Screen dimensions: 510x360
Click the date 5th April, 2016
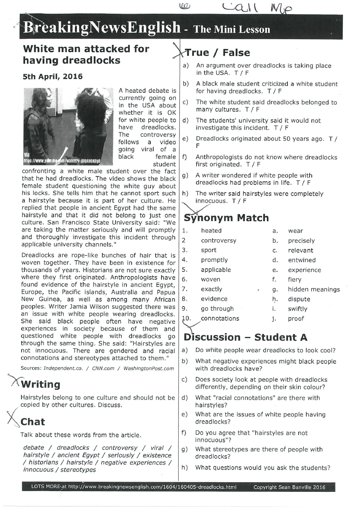click(52, 77)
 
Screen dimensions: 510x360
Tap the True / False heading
click(217, 53)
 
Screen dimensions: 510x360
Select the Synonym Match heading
click(226, 218)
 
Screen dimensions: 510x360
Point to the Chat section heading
click(33, 422)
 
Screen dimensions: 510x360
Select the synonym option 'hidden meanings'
click(314, 289)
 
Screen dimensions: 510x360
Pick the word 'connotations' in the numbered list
click(220, 318)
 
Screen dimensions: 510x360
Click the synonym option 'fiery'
click(294, 280)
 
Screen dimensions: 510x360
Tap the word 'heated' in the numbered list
click(211, 231)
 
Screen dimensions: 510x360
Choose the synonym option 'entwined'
click(302, 260)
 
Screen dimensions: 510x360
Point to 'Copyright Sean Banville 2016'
click(288, 487)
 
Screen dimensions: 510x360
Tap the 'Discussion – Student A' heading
click(246, 337)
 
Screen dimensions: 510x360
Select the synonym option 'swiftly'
click(298, 309)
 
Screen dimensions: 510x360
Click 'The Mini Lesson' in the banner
click(232, 29)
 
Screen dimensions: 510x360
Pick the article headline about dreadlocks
click(86, 54)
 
